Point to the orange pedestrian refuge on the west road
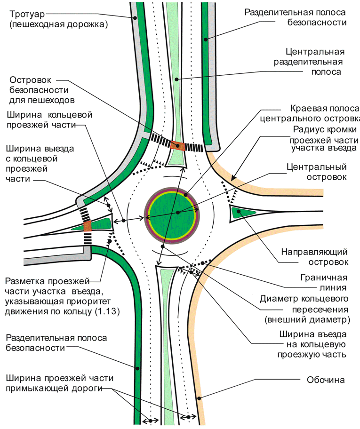click(x=87, y=227)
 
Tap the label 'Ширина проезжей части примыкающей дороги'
click(x=60, y=383)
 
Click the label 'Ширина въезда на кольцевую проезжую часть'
click(x=312, y=344)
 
